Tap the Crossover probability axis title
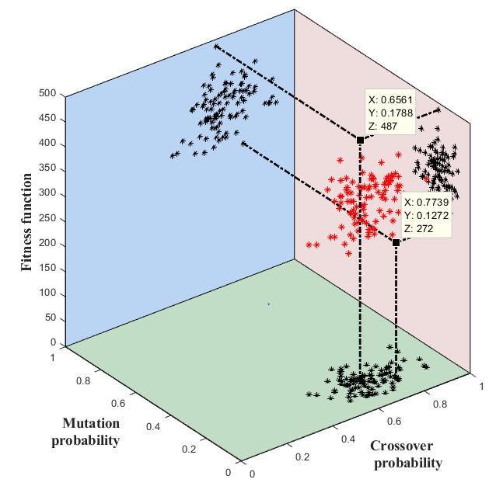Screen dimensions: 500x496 [407, 454]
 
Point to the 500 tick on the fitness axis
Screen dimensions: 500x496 [49, 94]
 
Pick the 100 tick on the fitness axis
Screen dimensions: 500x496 [49, 293]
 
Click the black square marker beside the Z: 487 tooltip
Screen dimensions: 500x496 [360, 140]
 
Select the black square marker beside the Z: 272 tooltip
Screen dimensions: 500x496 [396, 242]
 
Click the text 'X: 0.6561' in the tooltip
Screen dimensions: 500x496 [391, 99]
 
